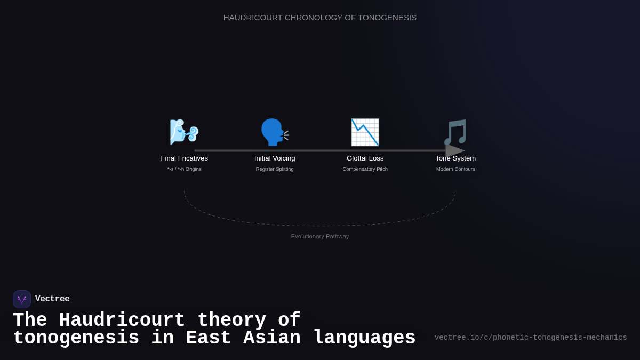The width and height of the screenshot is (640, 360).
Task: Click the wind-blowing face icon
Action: point(184,132)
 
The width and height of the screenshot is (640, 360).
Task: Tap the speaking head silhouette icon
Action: point(274,132)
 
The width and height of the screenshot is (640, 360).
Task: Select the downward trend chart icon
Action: point(365,132)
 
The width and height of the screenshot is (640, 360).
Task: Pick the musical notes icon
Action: point(455,132)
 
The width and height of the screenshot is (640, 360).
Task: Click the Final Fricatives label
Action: point(185,158)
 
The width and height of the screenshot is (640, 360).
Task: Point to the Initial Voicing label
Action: point(275,158)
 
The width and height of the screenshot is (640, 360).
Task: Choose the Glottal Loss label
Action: point(365,158)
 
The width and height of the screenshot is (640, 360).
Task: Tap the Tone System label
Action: point(455,158)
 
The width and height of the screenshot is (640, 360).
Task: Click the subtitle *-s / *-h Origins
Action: point(185,169)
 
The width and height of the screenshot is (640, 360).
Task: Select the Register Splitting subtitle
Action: point(275,169)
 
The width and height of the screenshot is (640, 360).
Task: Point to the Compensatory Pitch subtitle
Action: point(365,169)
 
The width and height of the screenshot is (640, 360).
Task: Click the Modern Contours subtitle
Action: point(455,169)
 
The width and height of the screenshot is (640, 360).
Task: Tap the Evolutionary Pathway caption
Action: point(320,236)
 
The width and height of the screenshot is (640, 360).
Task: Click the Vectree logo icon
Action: point(22,299)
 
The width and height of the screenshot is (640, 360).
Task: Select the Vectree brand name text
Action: point(52,299)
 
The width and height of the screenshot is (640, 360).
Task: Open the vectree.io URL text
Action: point(531,338)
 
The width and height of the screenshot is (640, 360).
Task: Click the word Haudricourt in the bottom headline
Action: point(122,321)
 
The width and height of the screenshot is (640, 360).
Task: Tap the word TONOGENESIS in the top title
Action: point(387,18)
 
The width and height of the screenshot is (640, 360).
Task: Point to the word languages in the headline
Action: point(364,339)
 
